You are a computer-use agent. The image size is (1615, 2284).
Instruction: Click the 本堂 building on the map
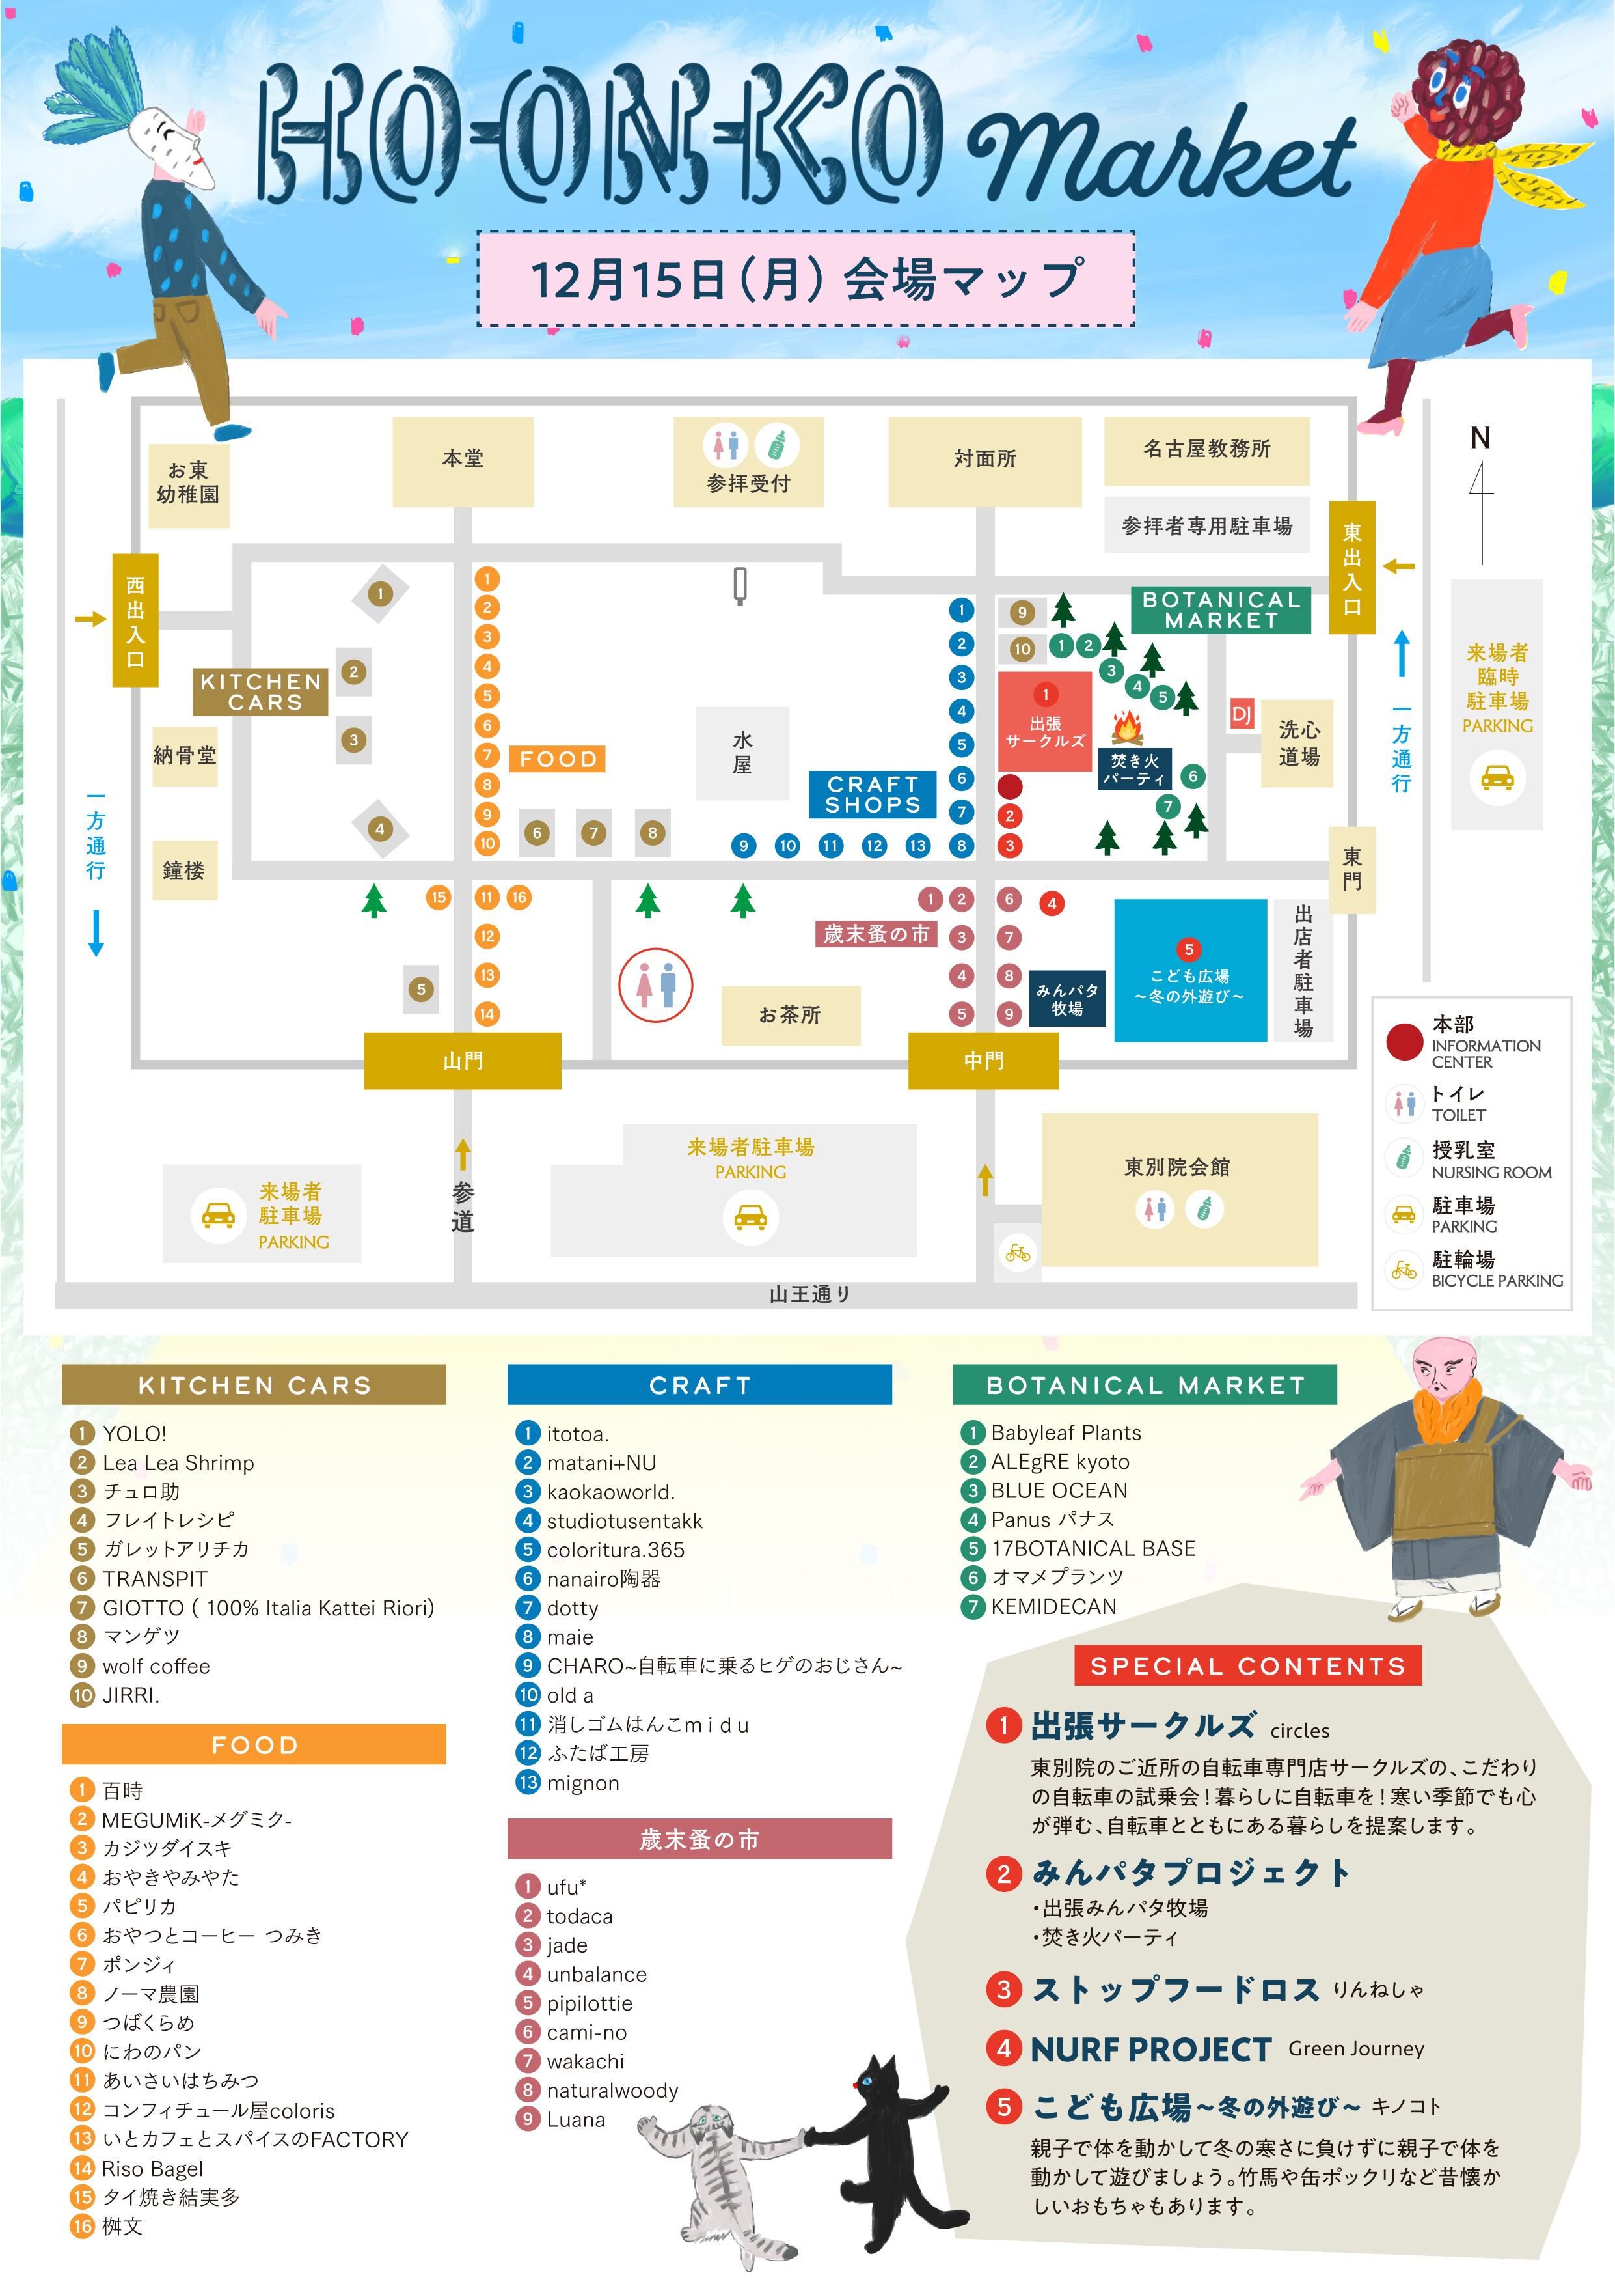pos(463,460)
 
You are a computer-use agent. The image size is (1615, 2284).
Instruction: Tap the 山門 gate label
pos(463,1061)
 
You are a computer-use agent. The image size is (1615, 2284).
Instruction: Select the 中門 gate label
pos(983,1061)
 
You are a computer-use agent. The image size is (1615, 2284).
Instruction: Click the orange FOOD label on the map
pos(557,759)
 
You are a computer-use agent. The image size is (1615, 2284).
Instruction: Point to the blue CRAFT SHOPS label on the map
pos(872,794)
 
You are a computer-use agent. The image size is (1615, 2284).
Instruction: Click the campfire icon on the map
pos(1127,727)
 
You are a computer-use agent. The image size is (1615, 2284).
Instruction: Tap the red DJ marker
pos(1241,714)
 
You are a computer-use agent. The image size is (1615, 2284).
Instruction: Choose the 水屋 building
pos(742,753)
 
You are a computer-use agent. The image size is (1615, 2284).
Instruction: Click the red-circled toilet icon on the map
pos(655,985)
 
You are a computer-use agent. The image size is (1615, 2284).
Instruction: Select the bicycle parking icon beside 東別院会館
pos(1017,1253)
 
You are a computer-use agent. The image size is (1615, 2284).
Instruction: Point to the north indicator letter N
pos(1480,438)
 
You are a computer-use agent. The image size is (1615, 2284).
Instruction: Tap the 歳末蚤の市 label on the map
pos(875,934)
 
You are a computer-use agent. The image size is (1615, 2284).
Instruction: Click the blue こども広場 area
pos(1189,970)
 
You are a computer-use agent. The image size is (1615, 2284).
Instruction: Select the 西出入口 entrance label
pos(135,620)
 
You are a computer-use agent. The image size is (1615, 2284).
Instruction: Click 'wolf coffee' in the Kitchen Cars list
pos(156,1666)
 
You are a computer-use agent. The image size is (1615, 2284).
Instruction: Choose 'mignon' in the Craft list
pos(583,1783)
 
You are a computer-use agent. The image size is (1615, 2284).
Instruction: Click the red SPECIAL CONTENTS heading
pos(1247,1666)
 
